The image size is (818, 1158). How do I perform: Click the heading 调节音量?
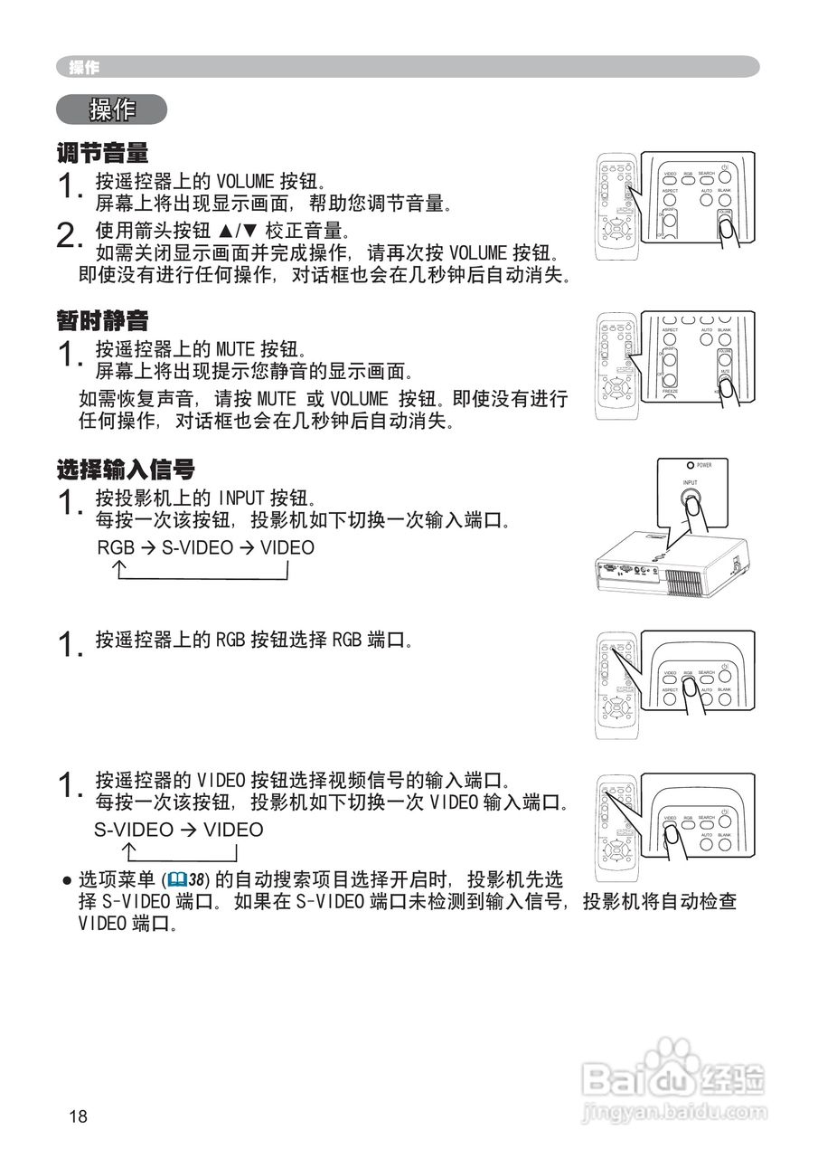[x=102, y=152]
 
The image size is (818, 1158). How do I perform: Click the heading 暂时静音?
[x=102, y=320]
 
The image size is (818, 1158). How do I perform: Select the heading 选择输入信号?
[x=126, y=470]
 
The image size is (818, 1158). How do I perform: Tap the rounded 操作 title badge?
[x=112, y=110]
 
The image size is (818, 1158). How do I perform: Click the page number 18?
[x=79, y=1116]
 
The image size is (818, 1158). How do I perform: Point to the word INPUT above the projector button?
[x=691, y=483]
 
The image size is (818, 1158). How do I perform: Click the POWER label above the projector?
[x=704, y=465]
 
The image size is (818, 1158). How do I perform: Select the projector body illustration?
[x=669, y=566]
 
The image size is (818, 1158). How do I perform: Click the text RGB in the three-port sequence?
[x=115, y=548]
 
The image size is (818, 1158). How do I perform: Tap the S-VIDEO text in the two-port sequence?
[x=133, y=831]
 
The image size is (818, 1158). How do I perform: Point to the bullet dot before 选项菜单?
[x=66, y=879]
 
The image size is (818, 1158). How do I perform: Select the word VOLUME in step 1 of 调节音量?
[x=246, y=180]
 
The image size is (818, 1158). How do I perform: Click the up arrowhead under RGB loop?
[x=118, y=567]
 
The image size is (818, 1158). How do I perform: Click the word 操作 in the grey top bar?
[x=84, y=67]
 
